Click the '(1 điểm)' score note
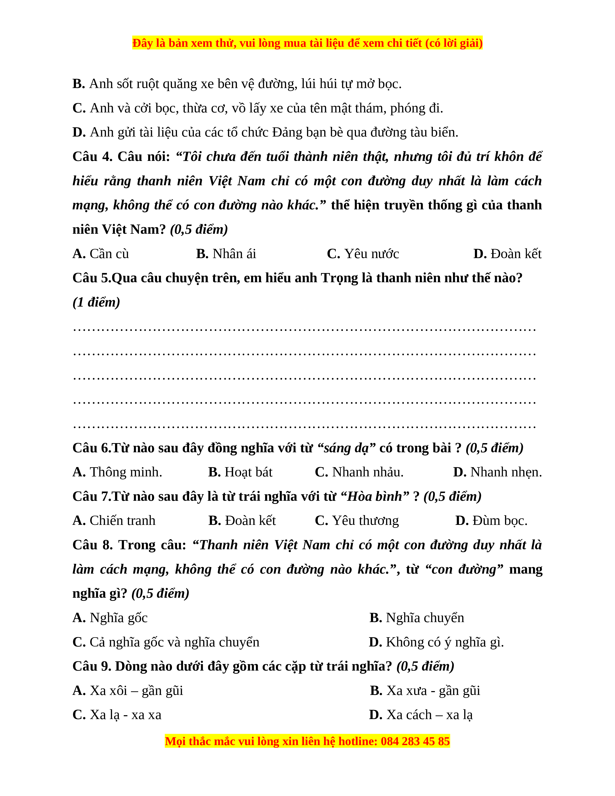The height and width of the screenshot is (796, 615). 96,302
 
